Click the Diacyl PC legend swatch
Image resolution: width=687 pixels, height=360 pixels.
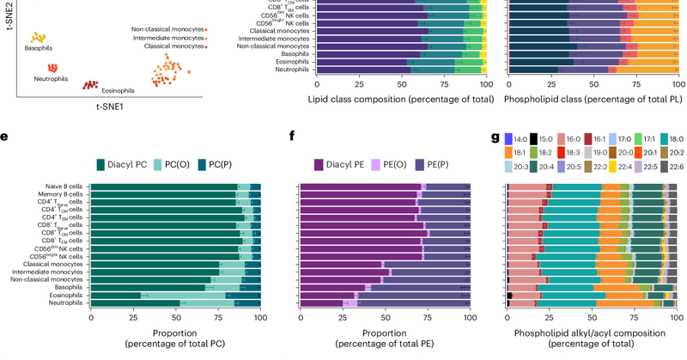click(124, 163)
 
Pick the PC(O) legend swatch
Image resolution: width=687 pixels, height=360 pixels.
click(182, 163)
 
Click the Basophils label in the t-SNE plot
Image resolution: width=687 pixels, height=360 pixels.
click(38, 48)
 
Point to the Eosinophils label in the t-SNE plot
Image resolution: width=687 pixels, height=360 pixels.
click(118, 90)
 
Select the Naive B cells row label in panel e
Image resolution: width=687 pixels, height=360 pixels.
click(64, 186)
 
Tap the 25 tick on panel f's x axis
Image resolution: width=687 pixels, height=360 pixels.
click(342, 317)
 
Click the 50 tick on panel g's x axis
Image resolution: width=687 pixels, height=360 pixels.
click(593, 317)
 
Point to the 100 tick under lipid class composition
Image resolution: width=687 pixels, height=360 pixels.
click(485, 85)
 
